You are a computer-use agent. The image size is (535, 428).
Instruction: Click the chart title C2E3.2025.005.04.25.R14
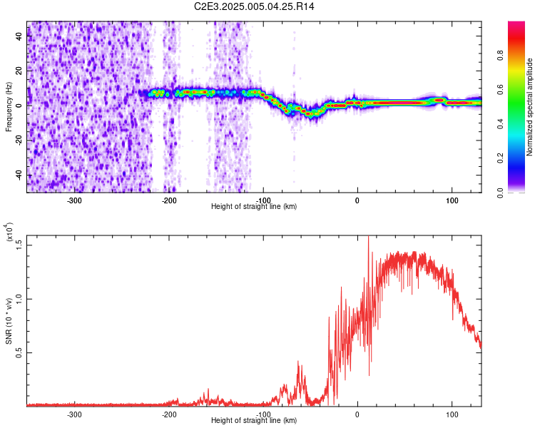tap(254, 6)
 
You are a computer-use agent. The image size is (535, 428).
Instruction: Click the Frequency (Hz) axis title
tap(9, 107)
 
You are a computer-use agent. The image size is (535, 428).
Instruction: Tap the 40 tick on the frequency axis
tap(19, 38)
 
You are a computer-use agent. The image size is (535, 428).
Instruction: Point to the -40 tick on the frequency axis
tap(18, 176)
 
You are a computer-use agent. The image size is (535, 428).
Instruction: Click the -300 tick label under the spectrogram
tap(75, 200)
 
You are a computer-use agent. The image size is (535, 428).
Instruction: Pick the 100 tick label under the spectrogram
tap(452, 200)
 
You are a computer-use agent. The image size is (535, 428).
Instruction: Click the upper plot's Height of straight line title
tap(254, 206)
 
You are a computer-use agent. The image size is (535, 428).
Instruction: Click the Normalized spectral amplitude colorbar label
tap(529, 107)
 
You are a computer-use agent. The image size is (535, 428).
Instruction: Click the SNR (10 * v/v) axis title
tap(9, 321)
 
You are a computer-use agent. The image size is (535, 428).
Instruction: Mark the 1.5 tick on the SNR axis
tap(19, 244)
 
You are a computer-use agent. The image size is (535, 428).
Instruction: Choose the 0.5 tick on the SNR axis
tap(19, 352)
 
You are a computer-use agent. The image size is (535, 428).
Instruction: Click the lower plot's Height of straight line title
tap(254, 420)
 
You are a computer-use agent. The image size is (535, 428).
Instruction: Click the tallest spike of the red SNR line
tap(368, 237)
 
